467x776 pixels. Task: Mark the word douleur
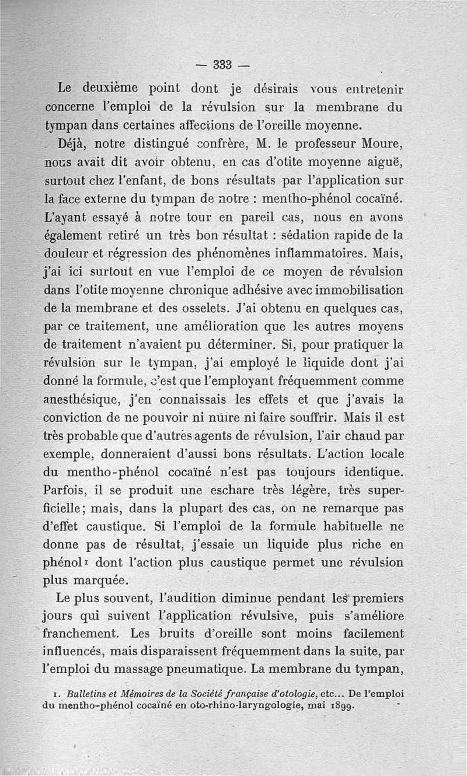point(67,255)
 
